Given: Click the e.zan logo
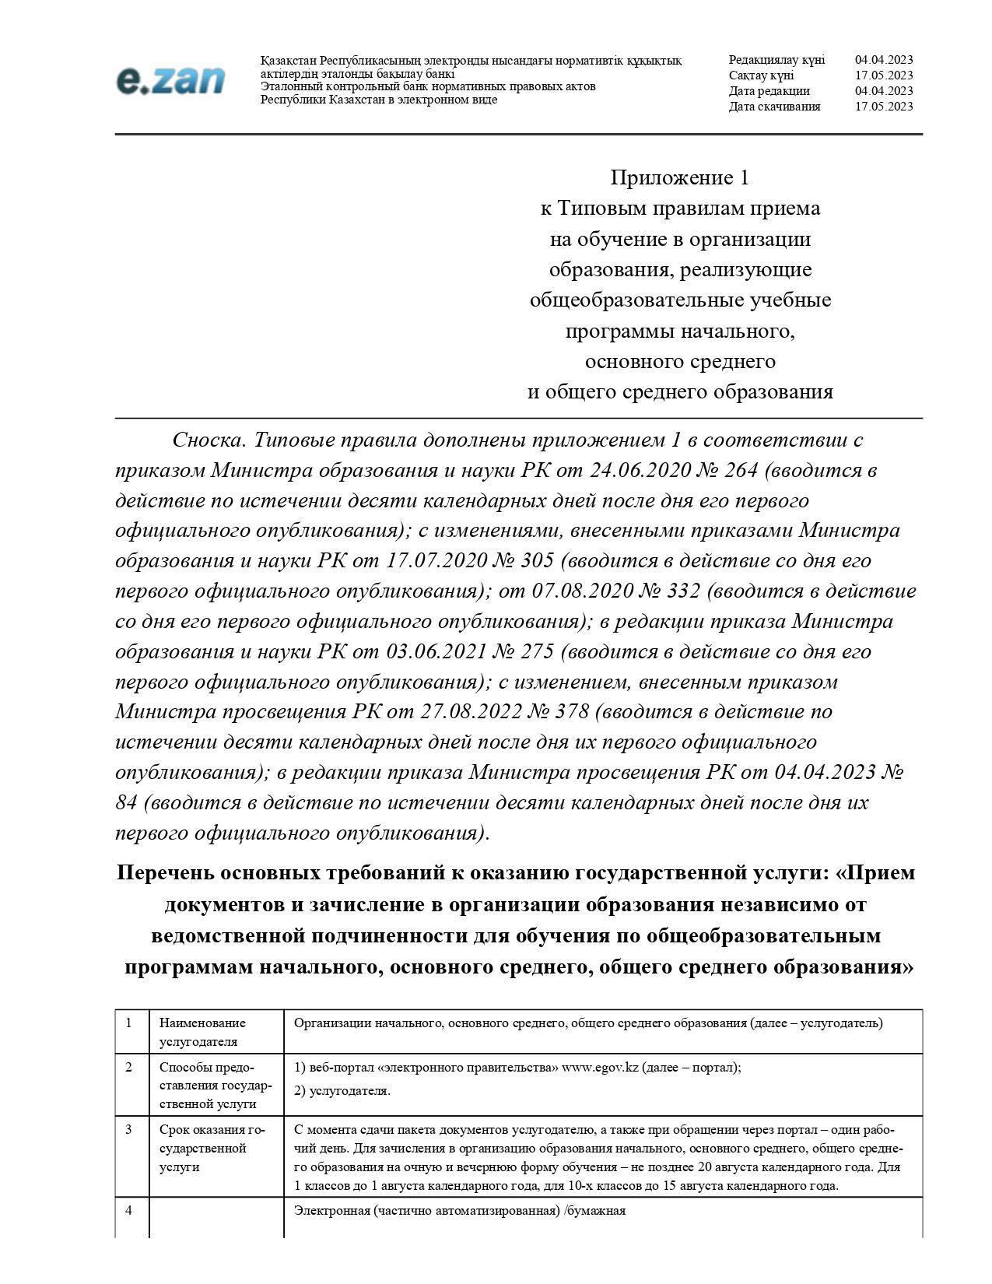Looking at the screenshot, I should point(170,80).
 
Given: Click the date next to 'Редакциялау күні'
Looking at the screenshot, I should point(884,60).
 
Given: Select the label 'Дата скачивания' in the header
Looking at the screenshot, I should point(774,107).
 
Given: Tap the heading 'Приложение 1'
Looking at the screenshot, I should point(679,178).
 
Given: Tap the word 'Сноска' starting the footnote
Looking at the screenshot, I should point(209,440).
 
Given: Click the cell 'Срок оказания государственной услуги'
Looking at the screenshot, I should point(212,1149).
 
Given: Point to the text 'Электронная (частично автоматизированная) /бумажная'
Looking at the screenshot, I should point(460,1211).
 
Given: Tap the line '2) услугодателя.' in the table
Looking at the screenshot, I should point(342,1091).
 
